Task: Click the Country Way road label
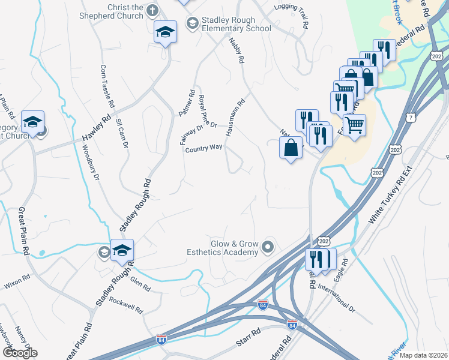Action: click(x=203, y=148)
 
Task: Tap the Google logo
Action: click(x=19, y=352)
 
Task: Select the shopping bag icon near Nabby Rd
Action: click(x=291, y=148)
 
